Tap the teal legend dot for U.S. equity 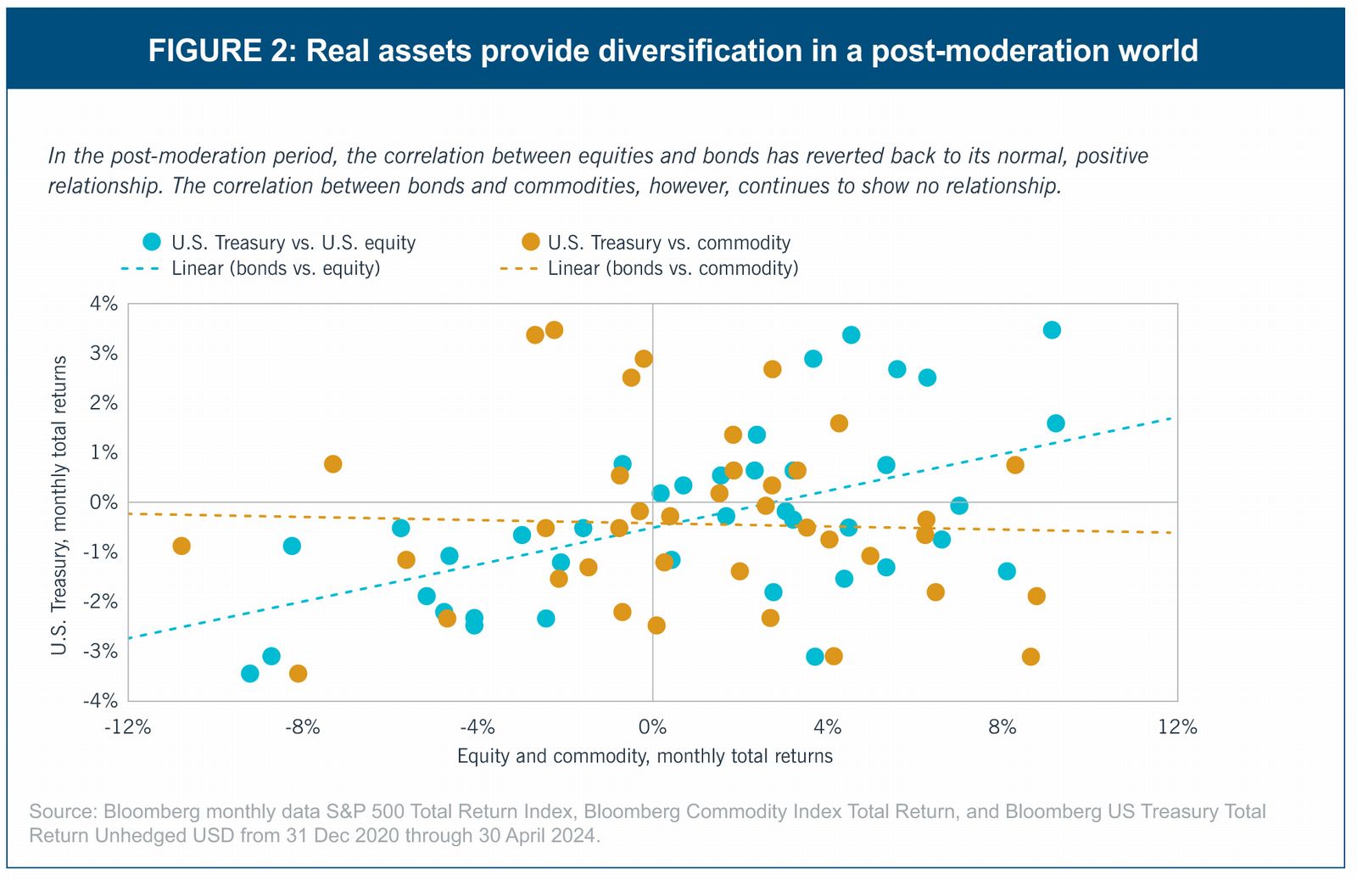click(152, 242)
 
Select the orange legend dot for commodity click(531, 242)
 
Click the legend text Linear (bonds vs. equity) click(276, 269)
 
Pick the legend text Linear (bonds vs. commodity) click(673, 269)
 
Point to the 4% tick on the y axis click(103, 304)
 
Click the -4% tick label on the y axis click(100, 701)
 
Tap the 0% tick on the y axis click(103, 502)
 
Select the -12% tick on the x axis click(127, 727)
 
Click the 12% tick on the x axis click(1177, 727)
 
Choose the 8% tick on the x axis click(1002, 727)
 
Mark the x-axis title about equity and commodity click(645, 756)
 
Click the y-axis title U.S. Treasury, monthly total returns click(59, 505)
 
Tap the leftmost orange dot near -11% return click(181, 546)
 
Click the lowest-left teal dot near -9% click(250, 674)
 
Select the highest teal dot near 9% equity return click(1052, 330)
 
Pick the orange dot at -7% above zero click(333, 464)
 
